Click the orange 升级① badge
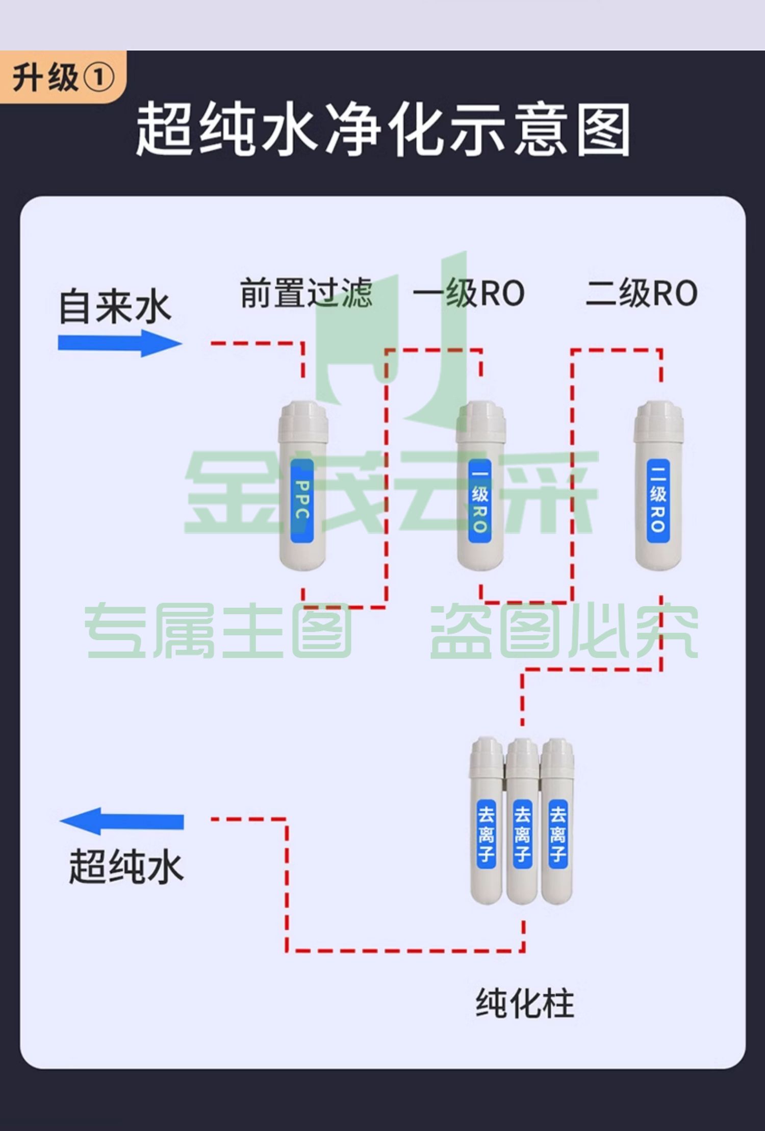coord(63,77)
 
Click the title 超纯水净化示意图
coord(383,130)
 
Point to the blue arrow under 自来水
coord(120,343)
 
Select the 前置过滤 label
coord(307,293)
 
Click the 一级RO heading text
coord(469,293)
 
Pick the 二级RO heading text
coord(642,293)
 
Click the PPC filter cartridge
coord(302,485)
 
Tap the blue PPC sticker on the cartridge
coord(302,500)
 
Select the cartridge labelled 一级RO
coord(480,485)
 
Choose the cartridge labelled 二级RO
coord(658,485)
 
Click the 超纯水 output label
coord(126,866)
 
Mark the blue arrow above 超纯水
coord(121,821)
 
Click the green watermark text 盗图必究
coord(564,631)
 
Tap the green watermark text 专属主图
coord(218,631)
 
